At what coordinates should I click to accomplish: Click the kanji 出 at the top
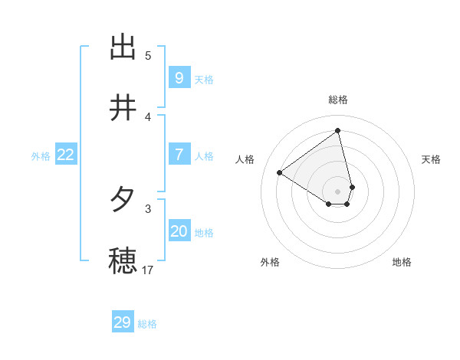(123, 47)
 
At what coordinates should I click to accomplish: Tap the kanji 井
(123, 108)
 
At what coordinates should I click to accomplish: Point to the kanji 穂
(123, 260)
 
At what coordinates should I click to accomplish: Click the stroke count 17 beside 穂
(148, 270)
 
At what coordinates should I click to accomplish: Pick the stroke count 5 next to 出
(148, 55)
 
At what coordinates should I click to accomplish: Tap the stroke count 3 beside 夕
(148, 208)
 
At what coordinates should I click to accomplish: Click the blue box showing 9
(179, 77)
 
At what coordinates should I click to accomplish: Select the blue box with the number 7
(179, 154)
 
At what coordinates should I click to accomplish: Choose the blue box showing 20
(179, 231)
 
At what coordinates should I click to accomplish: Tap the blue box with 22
(66, 154)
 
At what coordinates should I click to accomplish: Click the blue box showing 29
(123, 322)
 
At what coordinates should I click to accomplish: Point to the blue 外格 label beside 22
(41, 156)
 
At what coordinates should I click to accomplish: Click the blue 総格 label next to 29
(147, 325)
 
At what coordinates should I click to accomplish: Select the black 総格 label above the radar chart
(338, 100)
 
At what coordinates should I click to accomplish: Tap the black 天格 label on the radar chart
(432, 159)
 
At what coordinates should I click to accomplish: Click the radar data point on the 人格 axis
(280, 172)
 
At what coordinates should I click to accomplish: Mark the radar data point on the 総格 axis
(338, 131)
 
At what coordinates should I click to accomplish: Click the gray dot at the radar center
(338, 191)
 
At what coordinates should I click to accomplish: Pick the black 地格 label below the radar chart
(402, 262)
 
